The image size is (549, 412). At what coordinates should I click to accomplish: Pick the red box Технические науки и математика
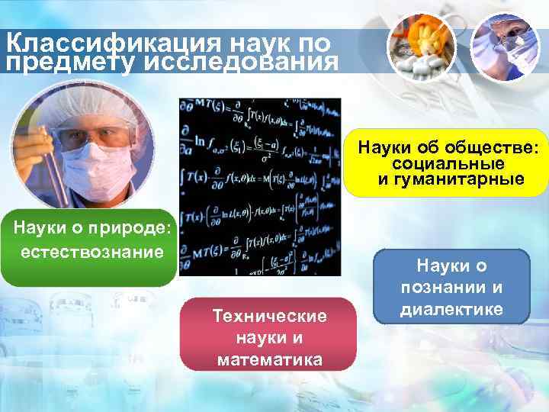point(268,334)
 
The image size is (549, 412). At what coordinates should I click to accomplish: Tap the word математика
point(269,359)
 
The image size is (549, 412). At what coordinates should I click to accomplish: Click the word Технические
point(269,316)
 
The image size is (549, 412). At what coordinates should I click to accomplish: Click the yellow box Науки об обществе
point(452,161)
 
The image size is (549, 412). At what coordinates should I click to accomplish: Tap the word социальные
point(453,164)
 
